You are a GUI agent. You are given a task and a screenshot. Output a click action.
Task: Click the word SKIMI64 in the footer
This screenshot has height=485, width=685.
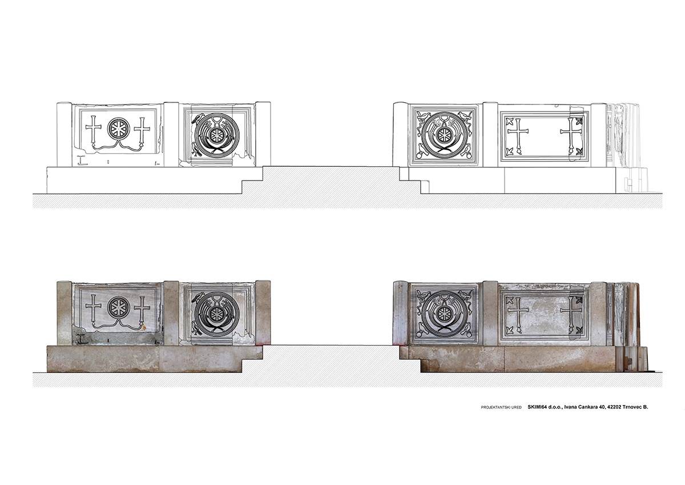click(537, 407)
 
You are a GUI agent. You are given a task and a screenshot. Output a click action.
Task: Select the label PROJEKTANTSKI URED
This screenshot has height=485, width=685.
click(501, 407)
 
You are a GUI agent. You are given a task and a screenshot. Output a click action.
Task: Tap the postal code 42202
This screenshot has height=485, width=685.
click(606, 407)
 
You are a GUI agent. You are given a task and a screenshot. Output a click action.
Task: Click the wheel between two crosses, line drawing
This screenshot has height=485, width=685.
click(118, 128)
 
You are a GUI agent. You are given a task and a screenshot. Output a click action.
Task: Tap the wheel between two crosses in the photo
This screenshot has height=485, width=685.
click(118, 307)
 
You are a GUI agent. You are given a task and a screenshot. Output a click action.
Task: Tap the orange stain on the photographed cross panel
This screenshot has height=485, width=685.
click(143, 328)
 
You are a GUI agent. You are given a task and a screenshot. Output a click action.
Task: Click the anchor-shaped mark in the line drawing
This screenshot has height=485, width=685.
click(81, 160)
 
